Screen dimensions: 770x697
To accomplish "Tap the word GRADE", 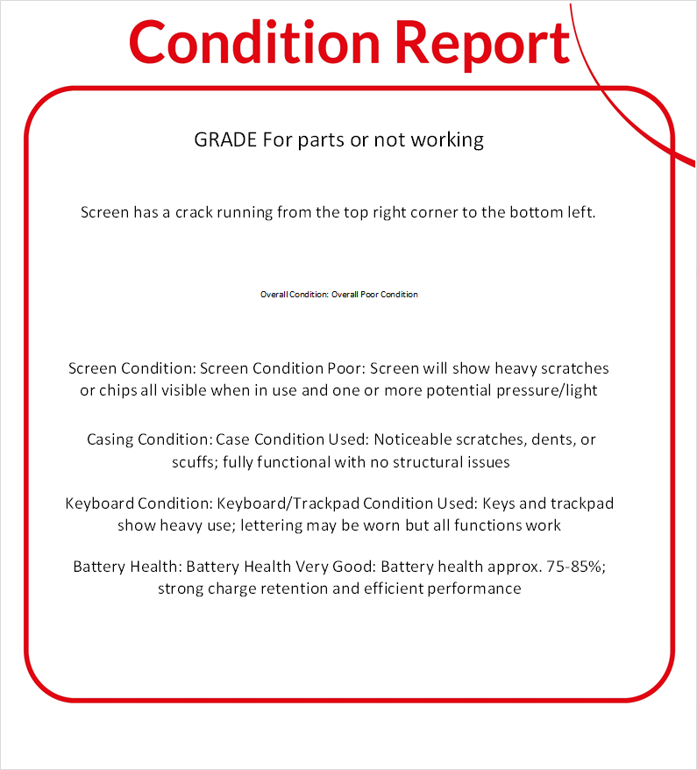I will coord(225,139).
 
